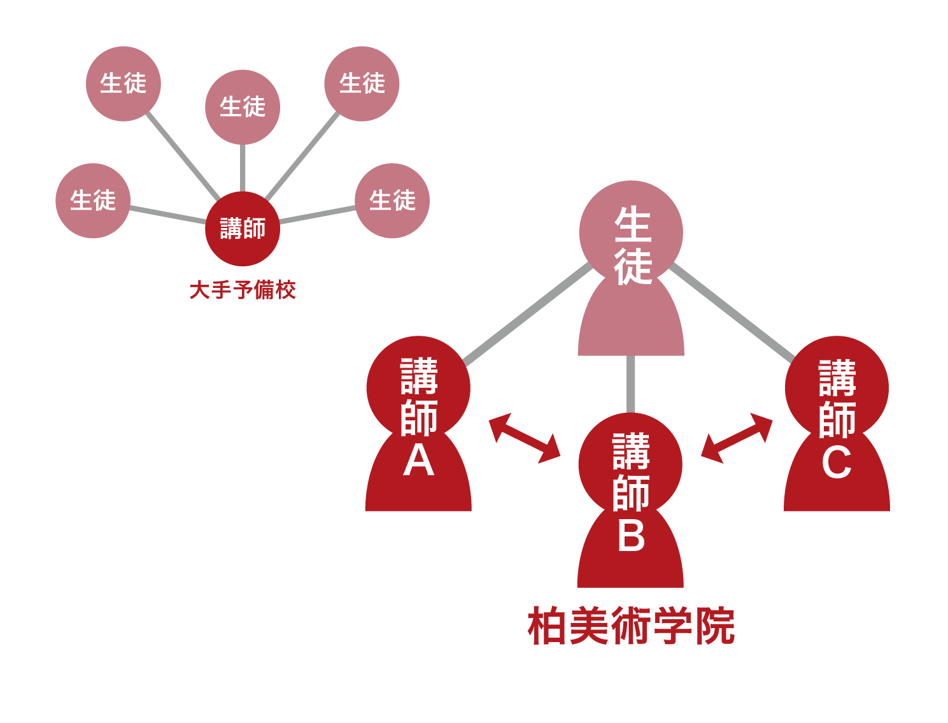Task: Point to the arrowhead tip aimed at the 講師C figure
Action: point(772,420)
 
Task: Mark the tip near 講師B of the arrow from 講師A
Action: point(560,456)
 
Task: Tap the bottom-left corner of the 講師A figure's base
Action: point(365,511)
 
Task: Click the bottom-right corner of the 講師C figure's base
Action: point(889,511)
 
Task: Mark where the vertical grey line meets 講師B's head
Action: point(630,413)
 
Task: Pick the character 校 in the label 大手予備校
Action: point(285,290)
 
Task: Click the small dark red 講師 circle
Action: point(243,229)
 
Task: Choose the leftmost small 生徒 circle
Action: point(93,201)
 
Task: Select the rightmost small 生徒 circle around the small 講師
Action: point(392,201)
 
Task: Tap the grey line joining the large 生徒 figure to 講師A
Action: point(528,314)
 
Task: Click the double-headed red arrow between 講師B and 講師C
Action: point(737,438)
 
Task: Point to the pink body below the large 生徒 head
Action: point(631,318)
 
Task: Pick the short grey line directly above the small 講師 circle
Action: point(243,168)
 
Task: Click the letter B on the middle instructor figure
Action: point(631,535)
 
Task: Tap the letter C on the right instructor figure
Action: point(837,462)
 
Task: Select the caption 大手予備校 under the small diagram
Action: point(243,290)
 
